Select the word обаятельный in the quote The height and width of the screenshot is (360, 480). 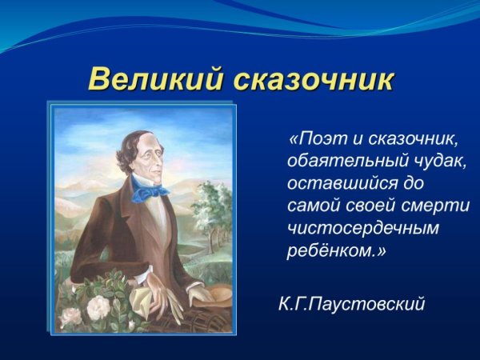tap(343, 161)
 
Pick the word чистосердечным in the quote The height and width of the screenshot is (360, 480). tap(363, 228)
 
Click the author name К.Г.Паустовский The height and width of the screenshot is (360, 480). tap(351, 304)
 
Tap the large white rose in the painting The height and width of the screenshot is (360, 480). tap(98, 306)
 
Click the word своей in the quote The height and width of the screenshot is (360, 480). tap(370, 206)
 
